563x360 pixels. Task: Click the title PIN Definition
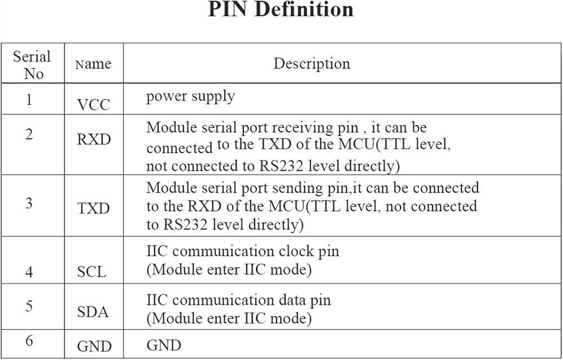pyautogui.click(x=281, y=10)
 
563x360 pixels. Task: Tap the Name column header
pyautogui.click(x=93, y=64)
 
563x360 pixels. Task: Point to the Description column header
pyautogui.click(x=312, y=64)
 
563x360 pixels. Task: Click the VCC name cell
pyautogui.click(x=93, y=105)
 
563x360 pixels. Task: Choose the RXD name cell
pyautogui.click(x=93, y=139)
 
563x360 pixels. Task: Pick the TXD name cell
pyautogui.click(x=93, y=208)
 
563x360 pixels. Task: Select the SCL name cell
pyautogui.click(x=92, y=272)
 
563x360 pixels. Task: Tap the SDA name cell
pyautogui.click(x=93, y=312)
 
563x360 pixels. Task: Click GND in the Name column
pyautogui.click(x=95, y=346)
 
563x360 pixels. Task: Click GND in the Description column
pyautogui.click(x=164, y=345)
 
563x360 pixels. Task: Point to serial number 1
pyautogui.click(x=29, y=99)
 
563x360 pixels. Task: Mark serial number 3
pyautogui.click(x=29, y=203)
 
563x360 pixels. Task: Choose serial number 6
pyautogui.click(x=29, y=341)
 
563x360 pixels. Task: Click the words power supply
pyautogui.click(x=190, y=97)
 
